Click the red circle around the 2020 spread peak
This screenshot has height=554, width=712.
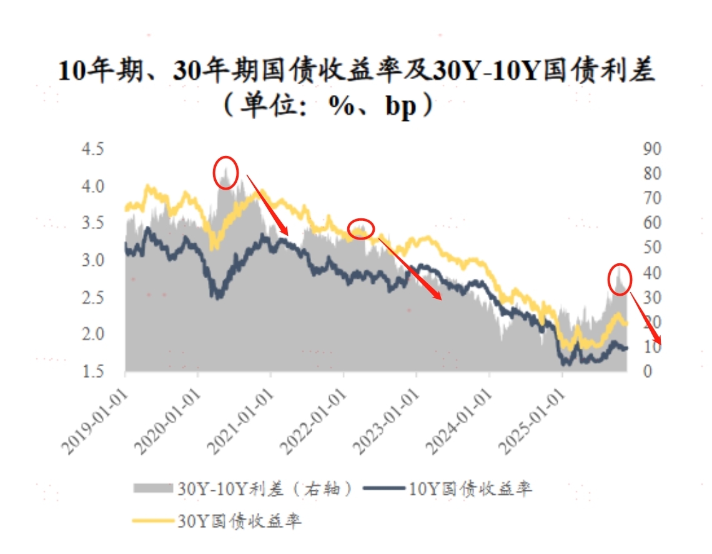point(225,172)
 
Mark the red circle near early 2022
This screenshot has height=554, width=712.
point(360,229)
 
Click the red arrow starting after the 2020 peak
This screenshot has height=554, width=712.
point(267,205)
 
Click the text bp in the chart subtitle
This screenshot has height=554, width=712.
point(400,107)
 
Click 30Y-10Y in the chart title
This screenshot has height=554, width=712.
point(485,72)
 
